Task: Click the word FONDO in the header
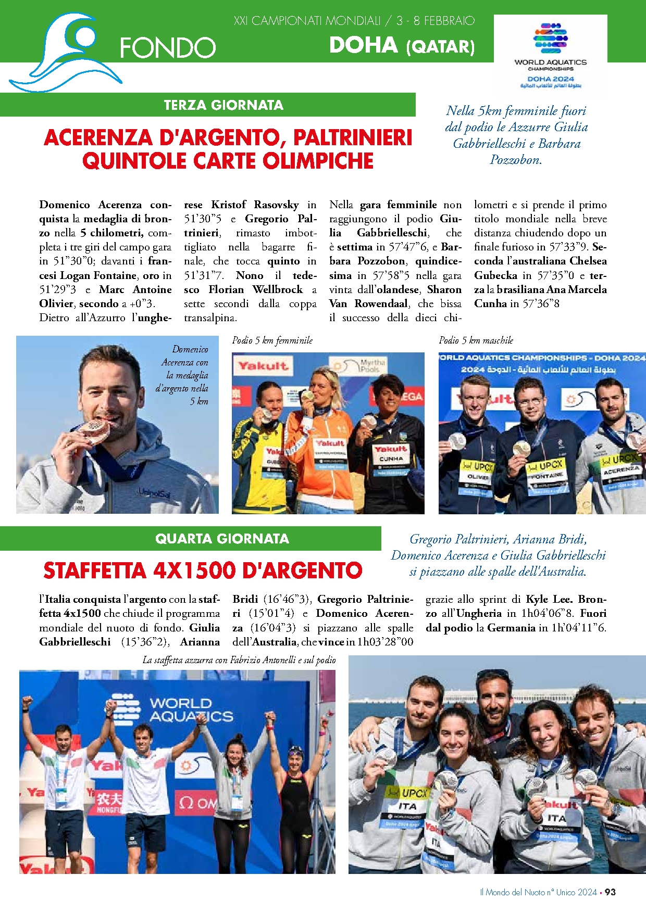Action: pos(168,48)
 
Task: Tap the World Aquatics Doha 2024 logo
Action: pos(550,54)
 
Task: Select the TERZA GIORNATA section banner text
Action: pos(223,105)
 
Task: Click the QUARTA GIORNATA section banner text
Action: pos(222,539)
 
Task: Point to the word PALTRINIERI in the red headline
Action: pos(353,138)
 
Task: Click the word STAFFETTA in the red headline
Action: pos(95,571)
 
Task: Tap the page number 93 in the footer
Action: pos(610,892)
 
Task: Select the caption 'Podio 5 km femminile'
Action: pos(272,340)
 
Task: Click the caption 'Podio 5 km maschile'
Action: pos(476,340)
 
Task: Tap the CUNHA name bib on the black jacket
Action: pos(391,459)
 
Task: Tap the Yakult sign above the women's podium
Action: pos(263,366)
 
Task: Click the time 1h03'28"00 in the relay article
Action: pos(385,642)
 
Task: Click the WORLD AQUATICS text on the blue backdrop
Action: pos(190,710)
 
